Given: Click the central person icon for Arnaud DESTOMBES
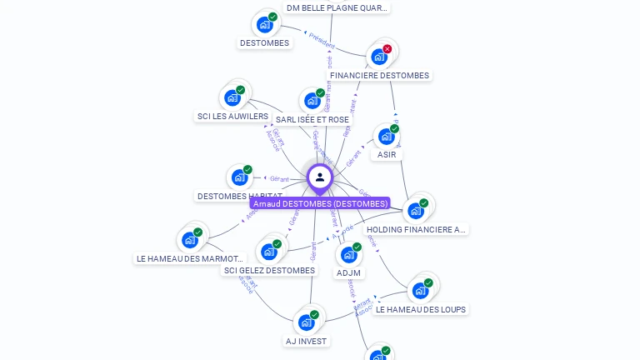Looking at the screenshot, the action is pyautogui.click(x=320, y=177).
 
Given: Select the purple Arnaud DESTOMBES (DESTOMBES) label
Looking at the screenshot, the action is pyautogui.click(x=320, y=203).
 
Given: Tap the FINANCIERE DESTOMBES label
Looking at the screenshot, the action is pyautogui.click(x=379, y=76).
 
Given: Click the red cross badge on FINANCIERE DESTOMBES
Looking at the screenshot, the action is pyautogui.click(x=387, y=49).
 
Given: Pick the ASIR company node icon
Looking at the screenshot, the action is pyautogui.click(x=386, y=136).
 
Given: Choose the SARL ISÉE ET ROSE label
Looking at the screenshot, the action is pyautogui.click(x=312, y=120).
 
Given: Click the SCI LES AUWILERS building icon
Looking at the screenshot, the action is pyautogui.click(x=232, y=97).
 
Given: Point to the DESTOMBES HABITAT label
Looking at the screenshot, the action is pyautogui.click(x=239, y=197).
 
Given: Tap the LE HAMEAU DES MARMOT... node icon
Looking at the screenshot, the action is pyautogui.click(x=190, y=240).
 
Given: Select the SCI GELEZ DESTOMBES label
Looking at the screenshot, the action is pyautogui.click(x=269, y=271).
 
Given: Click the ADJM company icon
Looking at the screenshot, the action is pyautogui.click(x=349, y=254).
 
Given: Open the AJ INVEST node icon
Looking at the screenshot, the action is pyautogui.click(x=307, y=322).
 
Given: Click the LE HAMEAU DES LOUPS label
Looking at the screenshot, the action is pyautogui.click(x=421, y=310).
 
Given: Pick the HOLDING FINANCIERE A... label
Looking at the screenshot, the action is pyautogui.click(x=416, y=230).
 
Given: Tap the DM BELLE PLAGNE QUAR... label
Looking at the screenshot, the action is pyautogui.click(x=337, y=8).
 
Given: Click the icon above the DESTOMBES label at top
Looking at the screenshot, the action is pyautogui.click(x=265, y=24).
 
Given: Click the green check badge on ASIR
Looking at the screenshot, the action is pyautogui.click(x=394, y=128).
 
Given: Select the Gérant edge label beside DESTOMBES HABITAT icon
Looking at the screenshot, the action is pyautogui.click(x=278, y=179).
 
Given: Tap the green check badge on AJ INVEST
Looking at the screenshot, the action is pyautogui.click(x=314, y=314).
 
